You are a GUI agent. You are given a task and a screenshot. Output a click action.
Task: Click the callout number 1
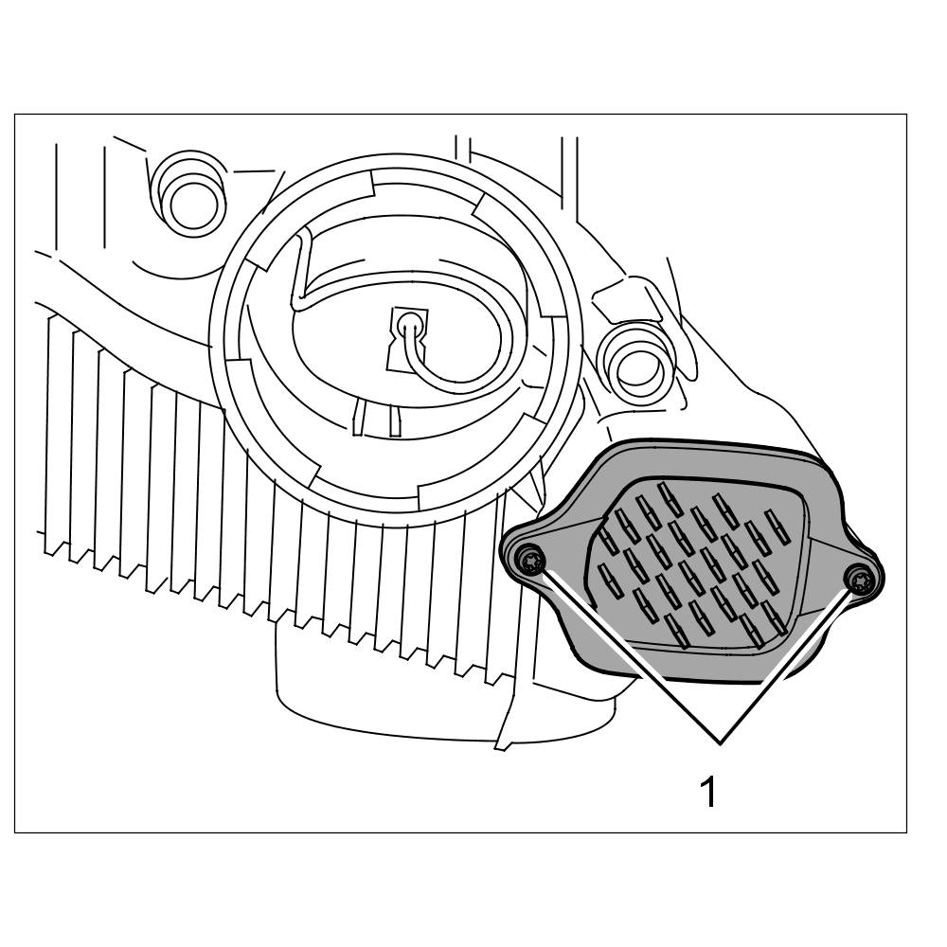707,791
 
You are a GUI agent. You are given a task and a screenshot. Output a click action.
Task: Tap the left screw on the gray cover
531,562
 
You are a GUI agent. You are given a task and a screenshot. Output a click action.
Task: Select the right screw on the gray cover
859,578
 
